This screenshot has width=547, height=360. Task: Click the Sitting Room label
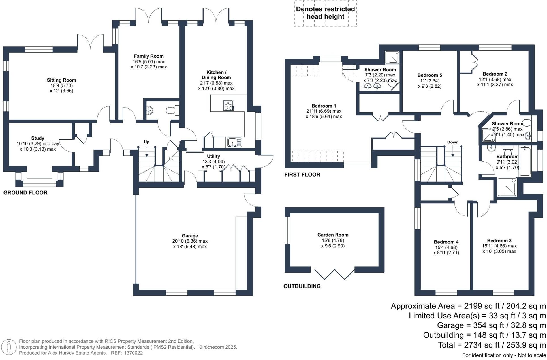click(61, 80)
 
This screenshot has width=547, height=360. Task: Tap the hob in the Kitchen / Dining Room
click(228, 105)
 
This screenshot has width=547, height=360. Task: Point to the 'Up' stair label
click(146, 142)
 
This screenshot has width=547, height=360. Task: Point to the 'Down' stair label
click(452, 142)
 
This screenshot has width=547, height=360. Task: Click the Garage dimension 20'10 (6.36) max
click(190, 241)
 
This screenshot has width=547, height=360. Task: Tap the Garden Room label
click(333, 235)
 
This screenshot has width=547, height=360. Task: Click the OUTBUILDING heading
click(302, 286)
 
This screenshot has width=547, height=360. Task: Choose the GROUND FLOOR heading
click(25, 193)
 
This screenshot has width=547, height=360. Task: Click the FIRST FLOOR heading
click(302, 175)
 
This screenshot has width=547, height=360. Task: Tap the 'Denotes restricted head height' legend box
click(325, 13)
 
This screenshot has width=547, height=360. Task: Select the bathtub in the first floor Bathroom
click(525, 161)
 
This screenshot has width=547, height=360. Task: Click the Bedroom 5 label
click(430, 75)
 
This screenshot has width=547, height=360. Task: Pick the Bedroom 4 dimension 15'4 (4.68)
click(446, 247)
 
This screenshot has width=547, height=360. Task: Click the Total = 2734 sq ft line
click(492, 345)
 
